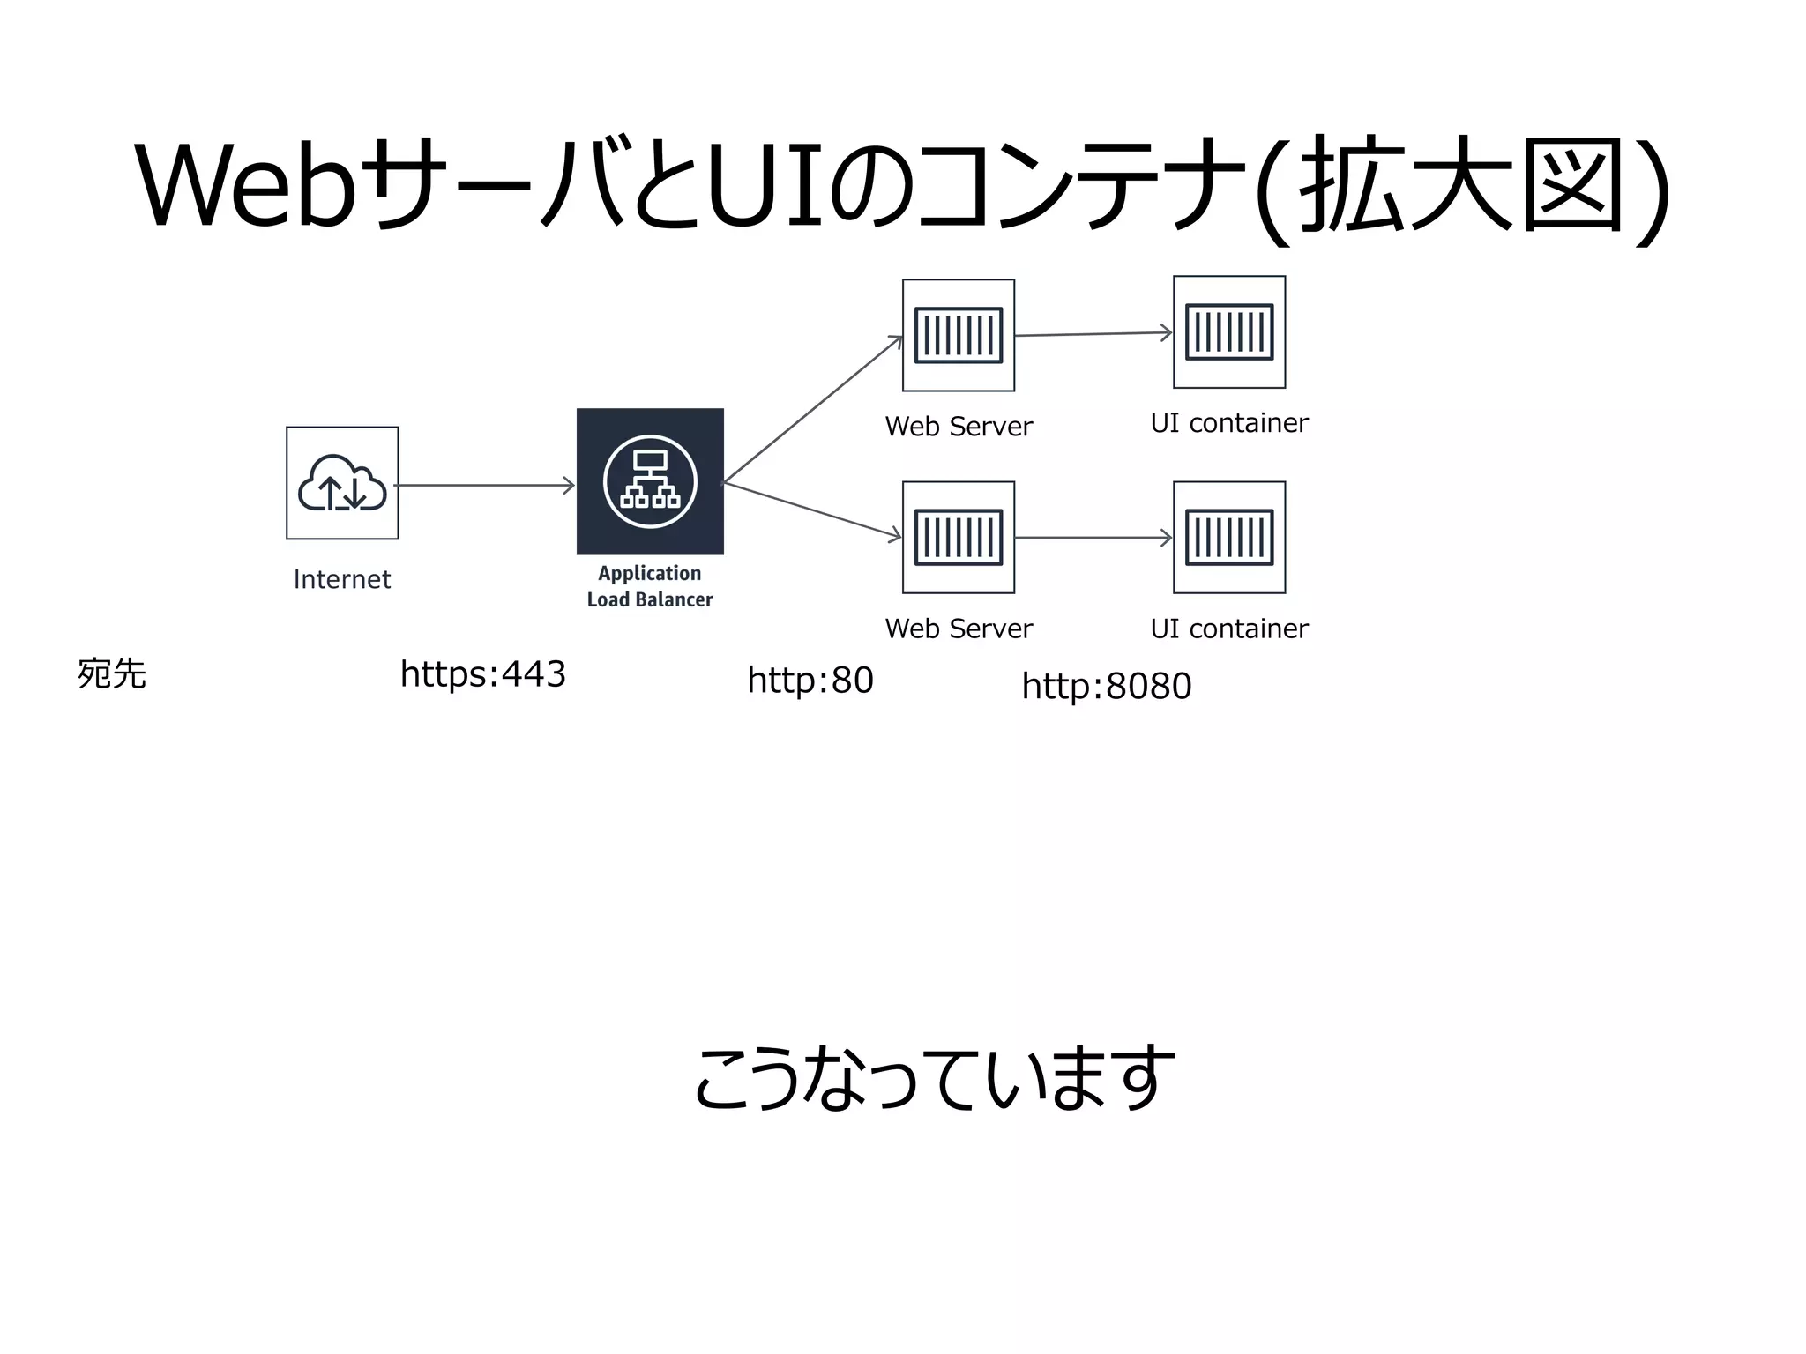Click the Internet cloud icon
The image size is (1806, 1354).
pyautogui.click(x=342, y=483)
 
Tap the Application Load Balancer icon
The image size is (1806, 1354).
pyautogui.click(x=650, y=481)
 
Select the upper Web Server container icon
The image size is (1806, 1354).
pyautogui.click(x=959, y=335)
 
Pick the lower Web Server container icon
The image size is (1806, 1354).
pyautogui.click(x=959, y=537)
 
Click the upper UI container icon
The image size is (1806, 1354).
pyautogui.click(x=1229, y=332)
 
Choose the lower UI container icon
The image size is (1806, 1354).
pyautogui.click(x=1229, y=537)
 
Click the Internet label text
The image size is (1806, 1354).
pyautogui.click(x=342, y=579)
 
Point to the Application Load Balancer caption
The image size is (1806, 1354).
pyautogui.click(x=650, y=586)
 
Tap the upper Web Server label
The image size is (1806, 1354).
pyautogui.click(x=959, y=427)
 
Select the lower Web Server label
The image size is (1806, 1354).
pyautogui.click(x=959, y=629)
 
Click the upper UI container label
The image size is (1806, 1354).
pyautogui.click(x=1229, y=423)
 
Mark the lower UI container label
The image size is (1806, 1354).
pyautogui.click(x=1229, y=629)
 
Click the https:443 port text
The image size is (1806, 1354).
pyautogui.click(x=482, y=674)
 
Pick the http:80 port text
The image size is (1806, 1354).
pyautogui.click(x=810, y=681)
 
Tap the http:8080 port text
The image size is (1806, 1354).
pyautogui.click(x=1107, y=686)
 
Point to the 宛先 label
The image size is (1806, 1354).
pyautogui.click(x=112, y=674)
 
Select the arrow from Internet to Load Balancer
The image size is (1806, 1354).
pyautogui.click(x=485, y=485)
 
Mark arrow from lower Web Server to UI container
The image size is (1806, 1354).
pyautogui.click(x=1093, y=538)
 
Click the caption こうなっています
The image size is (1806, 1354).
pyautogui.click(x=935, y=1077)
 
